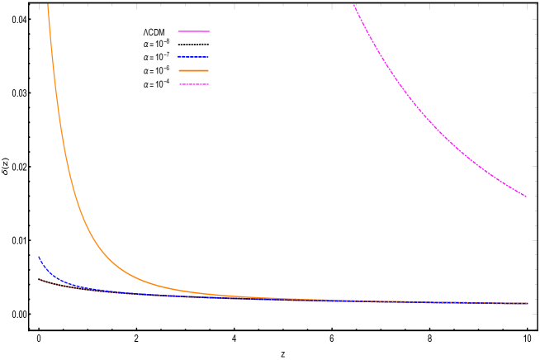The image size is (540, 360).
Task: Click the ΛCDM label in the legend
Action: click(154, 32)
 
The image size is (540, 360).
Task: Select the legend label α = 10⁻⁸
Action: click(157, 45)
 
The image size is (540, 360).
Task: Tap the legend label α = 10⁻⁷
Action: click(157, 58)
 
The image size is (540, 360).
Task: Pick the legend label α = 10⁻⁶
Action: click(157, 71)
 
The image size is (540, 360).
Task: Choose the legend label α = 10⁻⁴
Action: click(157, 84)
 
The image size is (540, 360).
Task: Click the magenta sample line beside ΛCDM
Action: click(194, 31)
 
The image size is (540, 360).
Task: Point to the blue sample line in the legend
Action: click(193, 57)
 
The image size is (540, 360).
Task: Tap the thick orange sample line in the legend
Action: click(193, 71)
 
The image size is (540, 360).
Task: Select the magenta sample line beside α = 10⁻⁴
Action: click(194, 84)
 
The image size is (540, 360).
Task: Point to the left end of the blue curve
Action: click(39, 258)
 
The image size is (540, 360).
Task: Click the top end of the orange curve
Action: click(48, 5)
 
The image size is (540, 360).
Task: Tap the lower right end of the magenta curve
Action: click(526, 197)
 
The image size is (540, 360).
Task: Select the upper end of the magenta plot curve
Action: click(354, 5)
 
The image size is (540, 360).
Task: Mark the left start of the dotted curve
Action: click(40, 279)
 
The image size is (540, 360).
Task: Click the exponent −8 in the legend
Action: click(167, 41)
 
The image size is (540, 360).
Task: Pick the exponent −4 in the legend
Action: click(167, 81)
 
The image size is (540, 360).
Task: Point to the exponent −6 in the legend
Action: click(167, 68)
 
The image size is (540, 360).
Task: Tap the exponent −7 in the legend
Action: click(167, 54)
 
